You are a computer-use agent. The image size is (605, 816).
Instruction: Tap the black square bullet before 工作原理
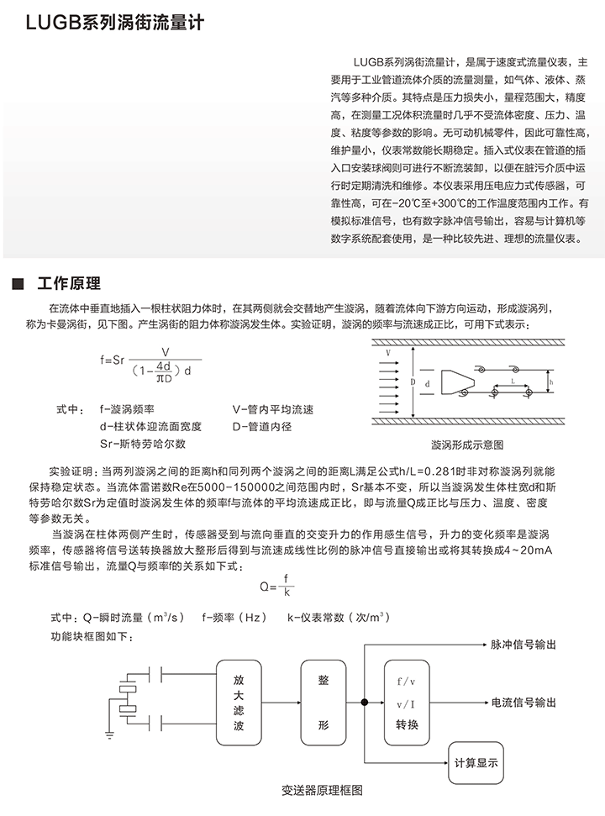(18, 283)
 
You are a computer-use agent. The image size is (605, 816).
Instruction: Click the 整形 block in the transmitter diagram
(324, 702)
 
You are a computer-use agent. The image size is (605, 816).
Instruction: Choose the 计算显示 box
(476, 763)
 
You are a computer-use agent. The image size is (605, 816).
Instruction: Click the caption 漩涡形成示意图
(467, 444)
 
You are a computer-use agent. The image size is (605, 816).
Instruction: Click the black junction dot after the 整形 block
(364, 702)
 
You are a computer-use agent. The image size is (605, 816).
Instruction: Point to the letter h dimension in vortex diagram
(551, 382)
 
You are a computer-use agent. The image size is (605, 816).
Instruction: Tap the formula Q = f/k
(281, 586)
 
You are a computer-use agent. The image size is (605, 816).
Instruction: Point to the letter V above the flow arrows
(388, 354)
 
